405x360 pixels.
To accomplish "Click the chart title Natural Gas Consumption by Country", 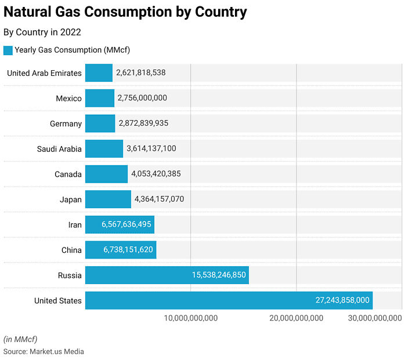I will (125, 12).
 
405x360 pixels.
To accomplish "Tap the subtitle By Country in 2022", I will (42, 32).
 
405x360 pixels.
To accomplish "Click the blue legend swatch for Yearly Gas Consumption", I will (8, 50).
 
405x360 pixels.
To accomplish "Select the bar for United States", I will (229, 300).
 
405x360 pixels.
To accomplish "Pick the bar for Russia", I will (167, 275).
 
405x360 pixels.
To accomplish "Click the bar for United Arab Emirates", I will (99, 73).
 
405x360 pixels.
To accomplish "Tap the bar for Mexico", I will (100, 98).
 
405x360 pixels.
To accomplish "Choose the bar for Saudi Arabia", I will (104, 148).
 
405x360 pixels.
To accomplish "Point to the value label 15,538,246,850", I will (219, 275).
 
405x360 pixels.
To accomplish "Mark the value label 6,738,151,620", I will (128, 250).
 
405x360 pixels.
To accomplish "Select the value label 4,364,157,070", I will (159, 199).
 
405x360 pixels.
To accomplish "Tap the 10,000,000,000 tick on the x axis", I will (191, 318).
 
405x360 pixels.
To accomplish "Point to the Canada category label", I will (68, 174).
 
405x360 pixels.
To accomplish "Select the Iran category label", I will (75, 224).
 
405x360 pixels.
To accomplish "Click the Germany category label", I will (66, 123).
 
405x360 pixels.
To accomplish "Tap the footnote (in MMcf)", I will (20, 339).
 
